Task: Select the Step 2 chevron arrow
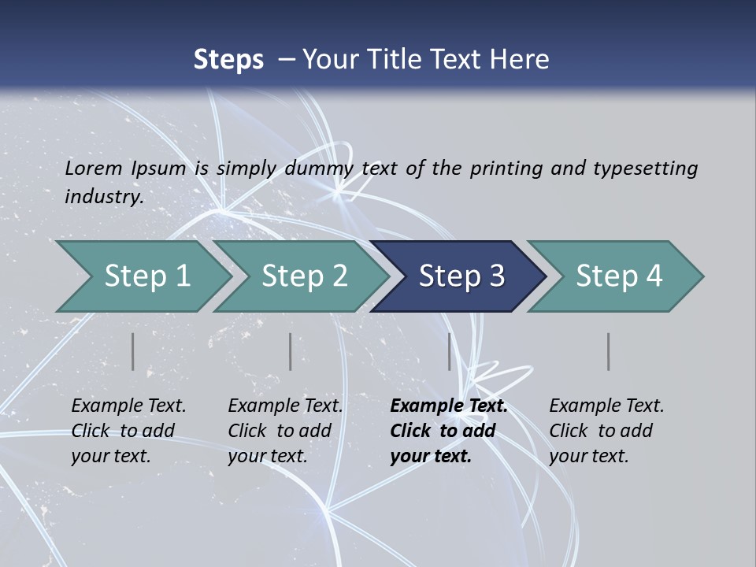pyautogui.click(x=304, y=276)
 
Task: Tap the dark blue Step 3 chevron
pyautogui.click(x=461, y=276)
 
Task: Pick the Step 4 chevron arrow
pyautogui.click(x=619, y=276)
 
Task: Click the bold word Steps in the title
pyautogui.click(x=228, y=60)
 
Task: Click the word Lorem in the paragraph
pyautogui.click(x=93, y=169)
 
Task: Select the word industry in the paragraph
pyautogui.click(x=103, y=197)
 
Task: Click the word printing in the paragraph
pyautogui.click(x=506, y=169)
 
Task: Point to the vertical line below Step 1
pyautogui.click(x=133, y=351)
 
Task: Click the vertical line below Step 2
pyautogui.click(x=291, y=351)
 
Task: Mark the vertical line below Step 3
pyautogui.click(x=450, y=351)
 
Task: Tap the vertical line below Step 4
pyautogui.click(x=609, y=351)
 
